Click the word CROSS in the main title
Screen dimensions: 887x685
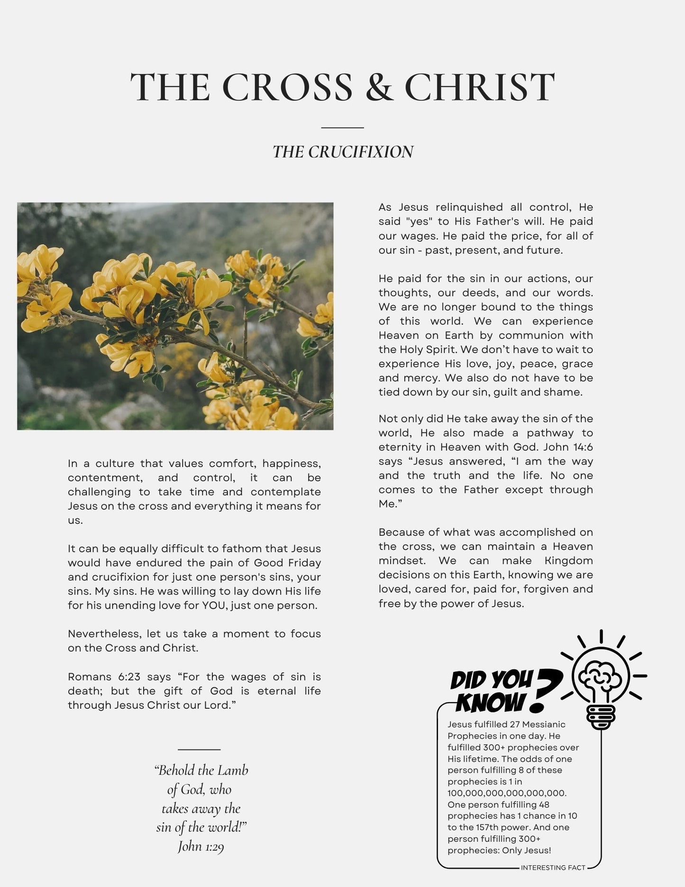(287, 87)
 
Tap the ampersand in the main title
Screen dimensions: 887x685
(379, 87)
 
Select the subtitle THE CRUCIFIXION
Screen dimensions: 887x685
(343, 152)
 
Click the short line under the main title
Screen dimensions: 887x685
(342, 128)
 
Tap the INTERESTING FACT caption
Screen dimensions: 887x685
(553, 868)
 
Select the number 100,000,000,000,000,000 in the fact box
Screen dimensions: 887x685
(507, 793)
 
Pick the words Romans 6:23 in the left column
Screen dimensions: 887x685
(104, 677)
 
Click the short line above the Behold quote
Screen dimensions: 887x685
(199, 750)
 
